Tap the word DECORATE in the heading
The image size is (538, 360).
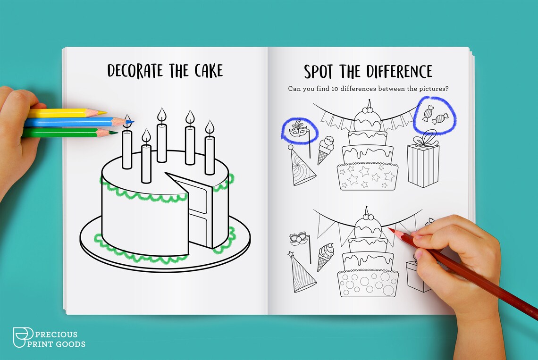point(136,71)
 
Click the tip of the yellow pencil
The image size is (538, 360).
point(104,113)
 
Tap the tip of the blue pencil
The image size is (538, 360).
point(132,122)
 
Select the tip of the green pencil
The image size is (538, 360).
point(116,133)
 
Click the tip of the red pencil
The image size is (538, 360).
point(390,229)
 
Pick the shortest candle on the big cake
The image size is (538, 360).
point(146,163)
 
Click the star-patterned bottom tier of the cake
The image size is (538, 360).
point(367,176)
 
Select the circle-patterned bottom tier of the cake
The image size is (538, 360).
point(368,284)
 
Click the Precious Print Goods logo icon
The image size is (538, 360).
point(21,337)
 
